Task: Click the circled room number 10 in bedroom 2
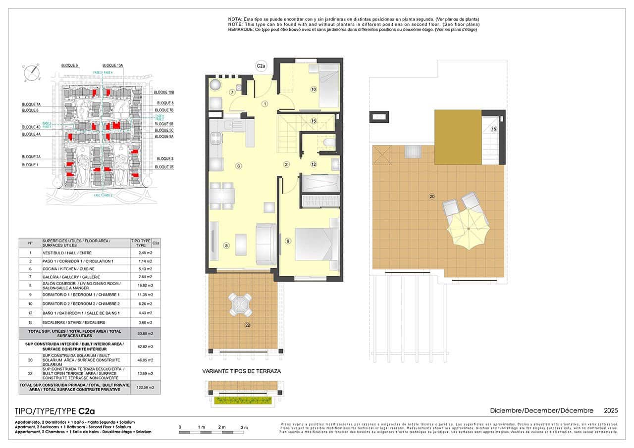tap(314, 90)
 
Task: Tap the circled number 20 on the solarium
tap(432, 197)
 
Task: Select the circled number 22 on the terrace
tap(247, 325)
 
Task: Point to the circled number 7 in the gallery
tap(232, 93)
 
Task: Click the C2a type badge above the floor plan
tap(261, 65)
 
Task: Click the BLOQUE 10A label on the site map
tap(112, 65)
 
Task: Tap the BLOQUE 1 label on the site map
tap(30, 165)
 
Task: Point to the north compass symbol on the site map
tap(31, 72)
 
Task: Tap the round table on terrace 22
tap(240, 303)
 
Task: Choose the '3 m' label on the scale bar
tap(244, 427)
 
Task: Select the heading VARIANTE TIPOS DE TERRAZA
tap(241, 371)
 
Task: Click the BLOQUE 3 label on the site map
tap(165, 159)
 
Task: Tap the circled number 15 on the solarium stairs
tap(493, 129)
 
